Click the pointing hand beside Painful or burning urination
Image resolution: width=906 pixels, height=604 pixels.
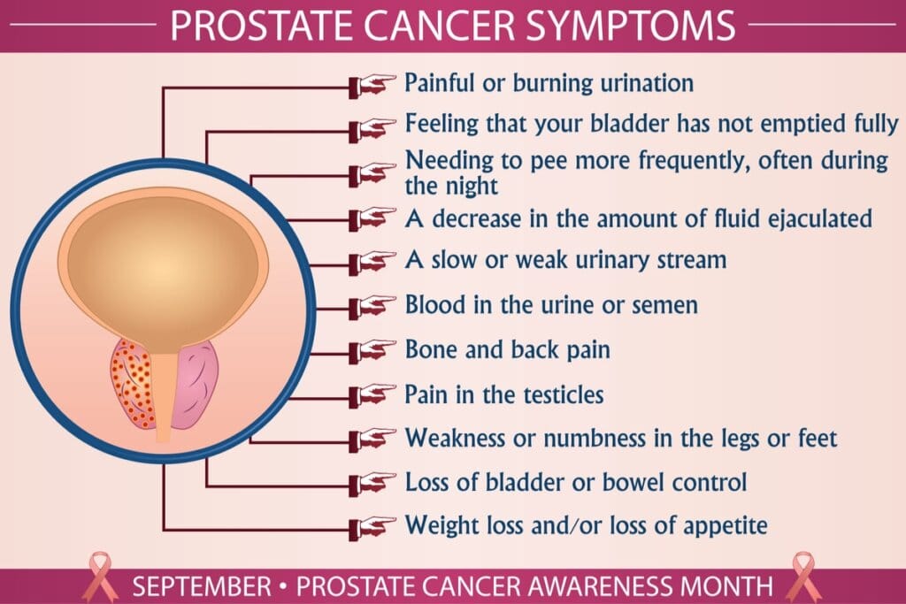(x=372, y=85)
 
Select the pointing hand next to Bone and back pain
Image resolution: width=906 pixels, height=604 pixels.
(x=372, y=349)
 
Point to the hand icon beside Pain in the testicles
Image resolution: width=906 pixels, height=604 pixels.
(x=372, y=394)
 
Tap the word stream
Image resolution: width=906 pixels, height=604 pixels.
(x=683, y=261)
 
